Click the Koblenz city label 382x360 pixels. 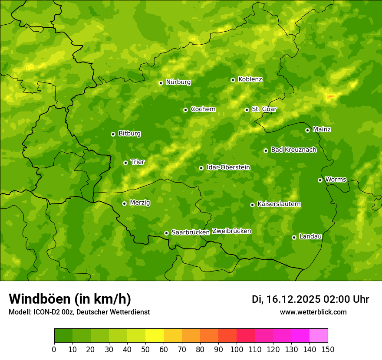click(250, 79)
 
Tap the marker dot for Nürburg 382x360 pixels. click(161, 83)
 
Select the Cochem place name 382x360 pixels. click(203, 109)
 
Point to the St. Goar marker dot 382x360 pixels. click(247, 110)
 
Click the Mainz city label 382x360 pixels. click(322, 130)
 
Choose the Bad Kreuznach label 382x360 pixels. click(293, 150)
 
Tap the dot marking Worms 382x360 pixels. click(320, 180)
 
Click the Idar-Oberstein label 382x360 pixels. click(228, 167)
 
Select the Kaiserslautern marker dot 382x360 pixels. click(252, 205)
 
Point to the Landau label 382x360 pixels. click(310, 237)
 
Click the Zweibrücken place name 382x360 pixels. click(231, 231)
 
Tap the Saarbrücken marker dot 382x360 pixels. click(166, 233)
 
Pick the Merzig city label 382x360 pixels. click(140, 203)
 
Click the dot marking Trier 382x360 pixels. click(125, 163)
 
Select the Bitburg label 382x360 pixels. click(129, 134)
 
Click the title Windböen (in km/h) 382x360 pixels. click(69, 299)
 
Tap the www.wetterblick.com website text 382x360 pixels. click(313, 312)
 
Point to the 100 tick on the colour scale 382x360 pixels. click(237, 349)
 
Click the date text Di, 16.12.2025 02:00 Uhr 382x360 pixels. click(310, 299)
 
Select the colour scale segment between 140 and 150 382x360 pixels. click(319, 336)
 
